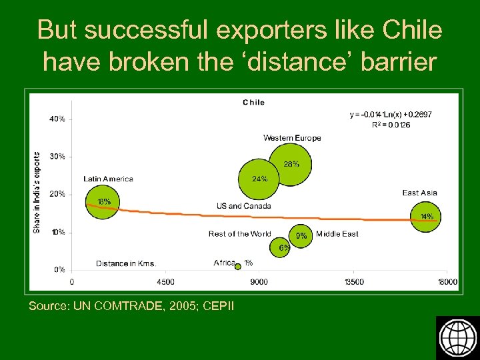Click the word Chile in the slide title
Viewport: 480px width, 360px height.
(413, 30)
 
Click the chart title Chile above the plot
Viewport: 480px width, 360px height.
(253, 102)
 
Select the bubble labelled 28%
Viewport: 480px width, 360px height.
(291, 158)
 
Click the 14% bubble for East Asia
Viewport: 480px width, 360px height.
(425, 216)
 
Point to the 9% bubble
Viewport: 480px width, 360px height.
(302, 235)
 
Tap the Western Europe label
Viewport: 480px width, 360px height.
(292, 138)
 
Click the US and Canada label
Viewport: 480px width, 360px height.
(244, 206)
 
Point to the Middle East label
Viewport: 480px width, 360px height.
(337, 234)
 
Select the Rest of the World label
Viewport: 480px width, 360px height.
(239, 234)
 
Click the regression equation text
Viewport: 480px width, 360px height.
(391, 115)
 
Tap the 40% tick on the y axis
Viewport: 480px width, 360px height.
(57, 119)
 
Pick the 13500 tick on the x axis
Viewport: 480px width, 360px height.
(353, 282)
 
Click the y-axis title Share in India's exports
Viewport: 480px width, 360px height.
(37, 193)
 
